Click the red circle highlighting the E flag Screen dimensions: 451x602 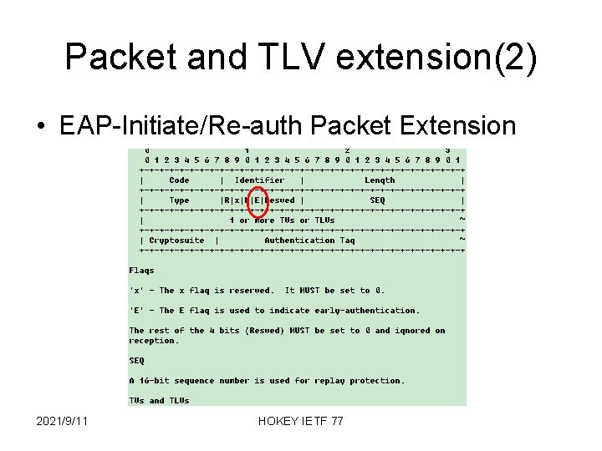pyautogui.click(x=259, y=201)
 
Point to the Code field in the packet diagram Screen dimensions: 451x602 pyautogui.click(x=179, y=180)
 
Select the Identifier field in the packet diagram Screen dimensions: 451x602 pyautogui.click(x=260, y=180)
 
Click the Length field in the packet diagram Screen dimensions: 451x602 pyautogui.click(x=380, y=180)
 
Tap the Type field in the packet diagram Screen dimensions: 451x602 pyautogui.click(x=179, y=200)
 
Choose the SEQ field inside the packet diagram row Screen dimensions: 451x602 pyautogui.click(x=378, y=200)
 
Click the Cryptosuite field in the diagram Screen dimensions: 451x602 pyautogui.click(x=177, y=241)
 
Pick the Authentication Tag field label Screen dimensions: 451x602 pyautogui.click(x=309, y=241)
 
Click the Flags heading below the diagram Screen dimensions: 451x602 pyautogui.click(x=142, y=271)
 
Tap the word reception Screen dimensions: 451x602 pyautogui.click(x=154, y=341)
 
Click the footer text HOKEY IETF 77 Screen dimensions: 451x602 pyautogui.click(x=301, y=423)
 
